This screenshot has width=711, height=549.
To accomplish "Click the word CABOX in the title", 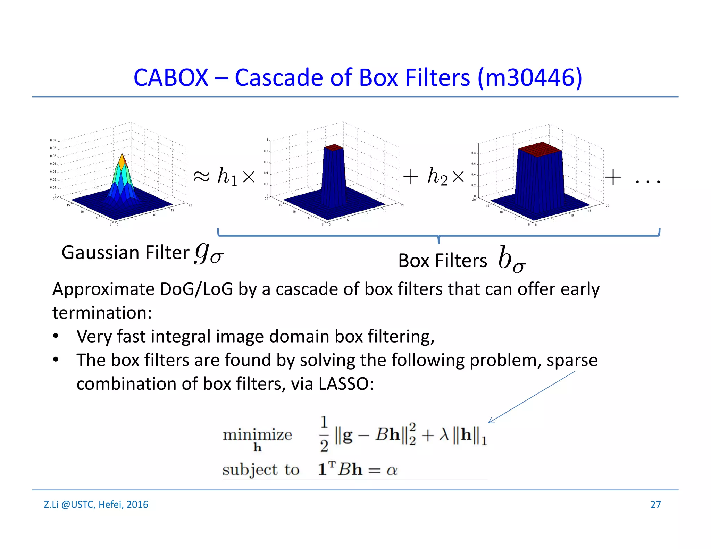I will coord(170,77).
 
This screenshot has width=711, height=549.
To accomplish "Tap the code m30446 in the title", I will coord(529,77).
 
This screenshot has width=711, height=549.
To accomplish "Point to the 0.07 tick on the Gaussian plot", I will coord(53,140).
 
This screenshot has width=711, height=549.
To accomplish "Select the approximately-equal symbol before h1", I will coord(201,177).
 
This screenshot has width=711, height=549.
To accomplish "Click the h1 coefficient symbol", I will coord(227,177).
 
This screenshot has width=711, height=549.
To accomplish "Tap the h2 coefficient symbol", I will coord(437,176).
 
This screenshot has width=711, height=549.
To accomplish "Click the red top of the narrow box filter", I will coord(333,147).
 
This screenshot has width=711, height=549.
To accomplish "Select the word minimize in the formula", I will coord(257,435).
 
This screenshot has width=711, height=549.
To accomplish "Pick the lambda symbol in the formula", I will coord(444,434).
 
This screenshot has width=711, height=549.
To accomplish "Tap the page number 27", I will coord(655,505).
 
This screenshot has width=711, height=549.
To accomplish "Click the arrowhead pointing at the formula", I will coord(491,421).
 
